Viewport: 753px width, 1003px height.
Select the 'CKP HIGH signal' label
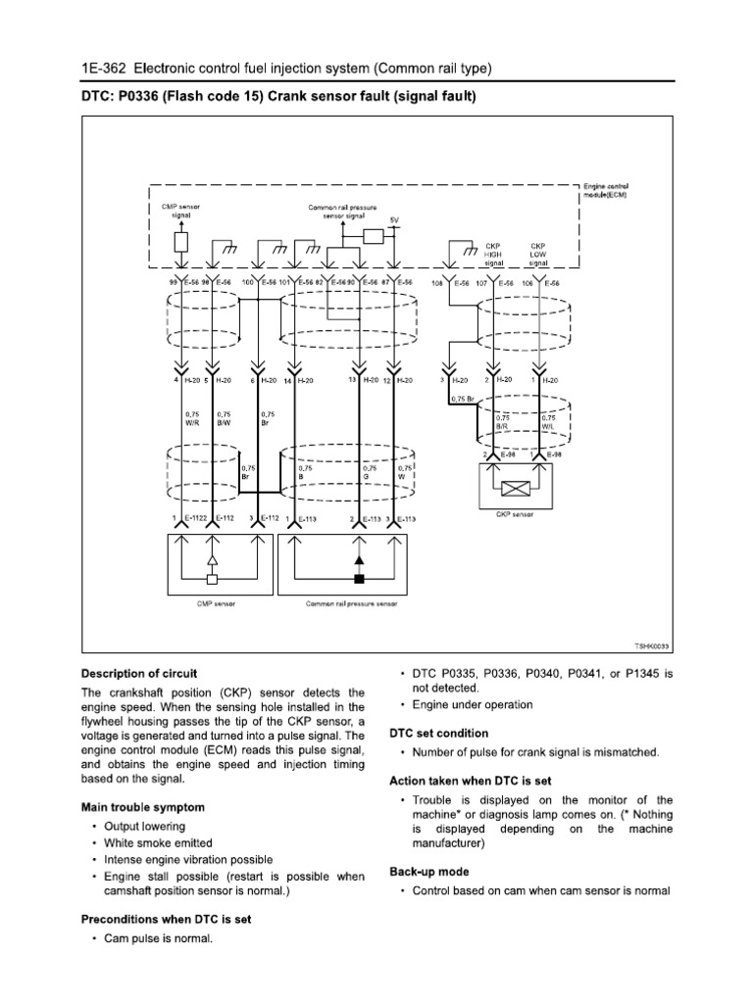[493, 255]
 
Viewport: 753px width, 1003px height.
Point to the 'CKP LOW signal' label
[538, 255]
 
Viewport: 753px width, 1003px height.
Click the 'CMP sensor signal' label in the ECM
[179, 211]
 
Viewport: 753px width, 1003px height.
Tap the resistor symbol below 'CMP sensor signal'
[180, 242]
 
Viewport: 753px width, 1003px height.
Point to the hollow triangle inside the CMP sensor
[212, 560]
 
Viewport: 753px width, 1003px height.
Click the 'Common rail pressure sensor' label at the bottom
[351, 604]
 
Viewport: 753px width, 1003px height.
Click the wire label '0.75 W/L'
[548, 421]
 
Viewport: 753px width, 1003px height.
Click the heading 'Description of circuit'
[138, 674]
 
